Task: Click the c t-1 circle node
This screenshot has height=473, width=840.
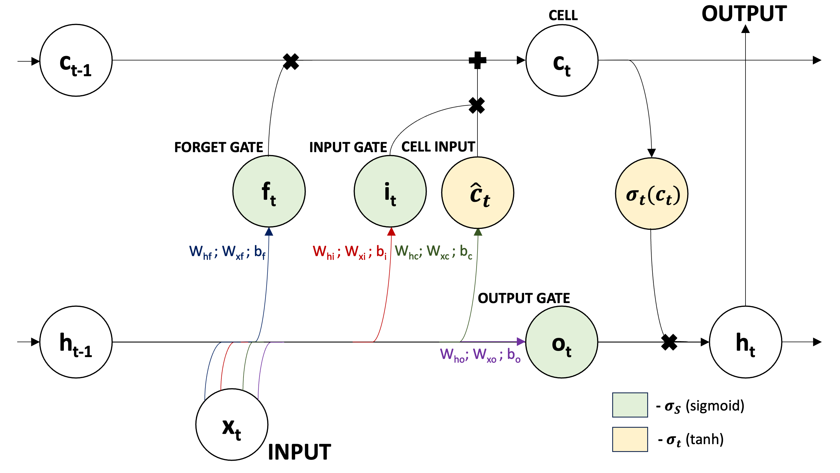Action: click(76, 60)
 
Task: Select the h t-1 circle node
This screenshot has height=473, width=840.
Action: click(76, 342)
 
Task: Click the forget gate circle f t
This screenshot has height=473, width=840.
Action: click(269, 191)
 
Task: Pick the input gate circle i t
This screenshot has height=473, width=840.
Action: click(390, 191)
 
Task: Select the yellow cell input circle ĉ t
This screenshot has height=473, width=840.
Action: click(477, 193)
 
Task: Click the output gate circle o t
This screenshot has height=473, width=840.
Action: click(561, 342)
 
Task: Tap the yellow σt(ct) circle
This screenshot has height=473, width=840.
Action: click(652, 194)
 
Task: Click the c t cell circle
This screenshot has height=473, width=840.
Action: click(561, 60)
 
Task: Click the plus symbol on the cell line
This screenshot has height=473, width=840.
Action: click(477, 60)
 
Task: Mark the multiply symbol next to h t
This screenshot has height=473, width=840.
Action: click(669, 342)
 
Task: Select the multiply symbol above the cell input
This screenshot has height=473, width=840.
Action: click(477, 105)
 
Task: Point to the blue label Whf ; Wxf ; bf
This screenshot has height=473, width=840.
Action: click(227, 252)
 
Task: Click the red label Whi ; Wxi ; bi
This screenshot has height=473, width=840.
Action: click(350, 252)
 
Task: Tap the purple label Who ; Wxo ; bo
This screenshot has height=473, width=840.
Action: click(480, 355)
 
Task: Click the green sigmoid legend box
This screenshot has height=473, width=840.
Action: click(630, 405)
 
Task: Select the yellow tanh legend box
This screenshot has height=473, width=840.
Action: click(630, 439)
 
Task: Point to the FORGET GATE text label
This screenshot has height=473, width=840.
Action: click(218, 147)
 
